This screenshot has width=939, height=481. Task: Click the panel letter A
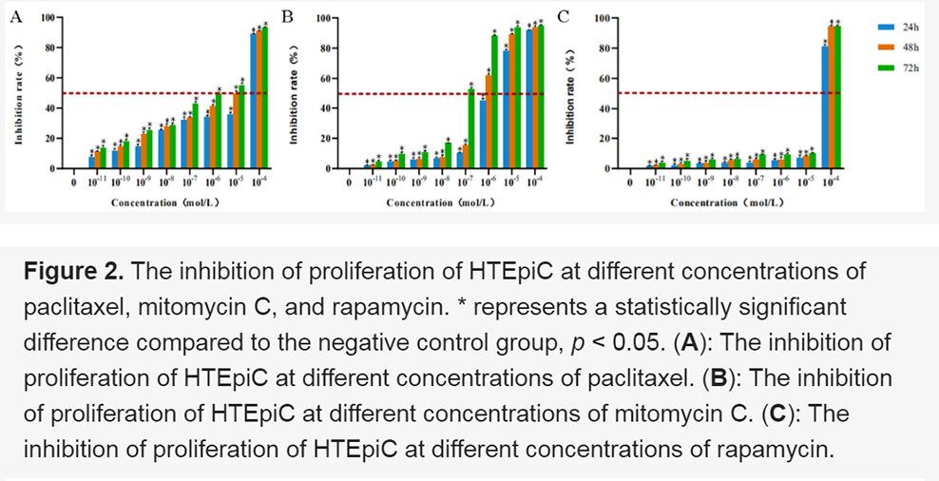point(13,15)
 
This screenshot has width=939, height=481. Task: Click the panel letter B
point(288,15)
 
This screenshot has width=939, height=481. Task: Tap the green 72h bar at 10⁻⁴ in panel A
point(265,99)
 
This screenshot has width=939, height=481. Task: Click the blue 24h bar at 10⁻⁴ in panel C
point(824,108)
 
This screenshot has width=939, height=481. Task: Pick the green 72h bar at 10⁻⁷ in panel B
point(471,129)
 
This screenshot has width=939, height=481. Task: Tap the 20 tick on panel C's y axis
point(603,139)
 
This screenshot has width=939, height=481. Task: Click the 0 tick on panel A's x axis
point(72,180)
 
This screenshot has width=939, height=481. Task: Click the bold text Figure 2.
point(74,271)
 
